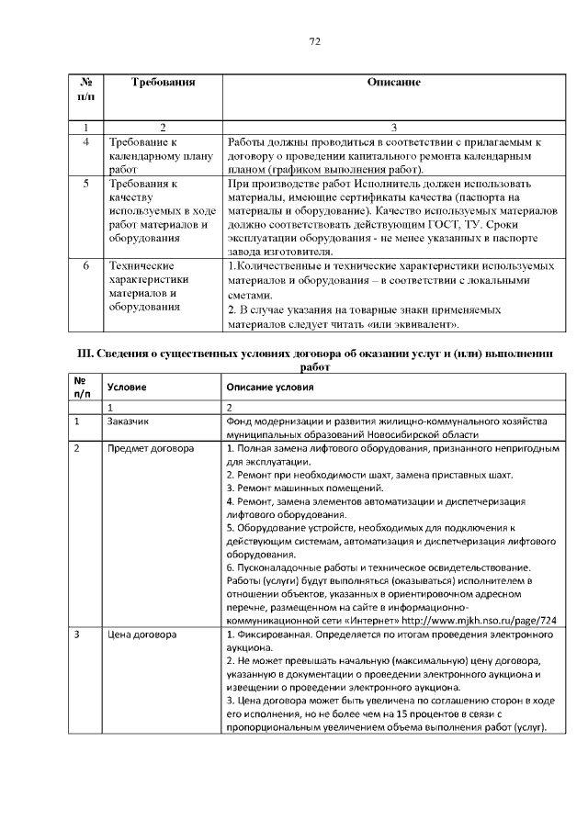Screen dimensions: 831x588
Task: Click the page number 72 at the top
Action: [313, 41]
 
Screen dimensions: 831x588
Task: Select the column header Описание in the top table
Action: [392, 83]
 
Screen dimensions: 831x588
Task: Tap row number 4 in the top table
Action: [85, 143]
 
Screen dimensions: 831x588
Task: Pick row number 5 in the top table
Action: [85, 184]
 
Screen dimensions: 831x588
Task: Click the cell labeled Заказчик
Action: [128, 421]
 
